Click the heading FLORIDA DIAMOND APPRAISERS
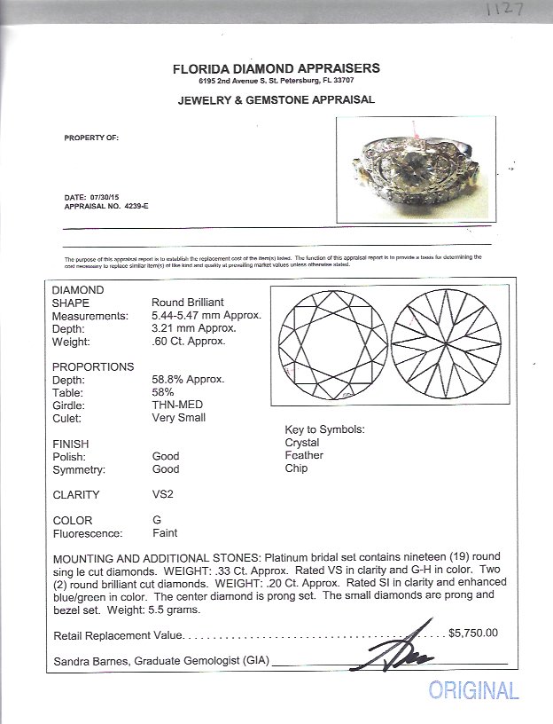pos(277,68)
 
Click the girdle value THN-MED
pos(173,405)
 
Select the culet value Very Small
pos(179,417)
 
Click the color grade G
pos(157,521)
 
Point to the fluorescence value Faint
pos(165,533)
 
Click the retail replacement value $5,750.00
pos(473,633)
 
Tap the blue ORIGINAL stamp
pos(473,689)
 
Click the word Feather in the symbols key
pos(304,455)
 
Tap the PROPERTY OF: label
pos(90,138)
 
